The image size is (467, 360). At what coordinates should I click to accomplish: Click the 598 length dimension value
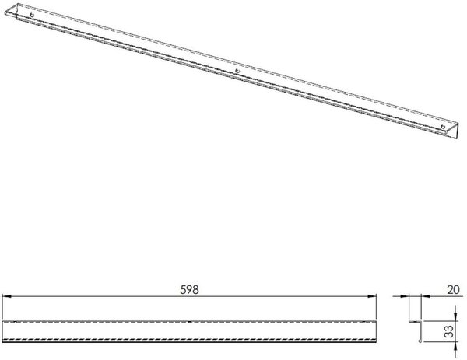[x=189, y=289]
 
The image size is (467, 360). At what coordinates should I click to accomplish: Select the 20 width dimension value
[x=453, y=289]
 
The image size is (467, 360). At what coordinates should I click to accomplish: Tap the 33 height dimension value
[x=449, y=331]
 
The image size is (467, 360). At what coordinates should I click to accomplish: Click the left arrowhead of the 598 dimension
[x=6, y=296]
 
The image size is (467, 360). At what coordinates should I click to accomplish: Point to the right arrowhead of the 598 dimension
[x=372, y=296]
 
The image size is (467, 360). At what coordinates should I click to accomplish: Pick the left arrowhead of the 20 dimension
[x=405, y=296]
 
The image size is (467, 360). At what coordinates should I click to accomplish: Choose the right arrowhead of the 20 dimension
[x=426, y=296]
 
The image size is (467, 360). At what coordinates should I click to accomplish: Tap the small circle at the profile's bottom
[x=420, y=341]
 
